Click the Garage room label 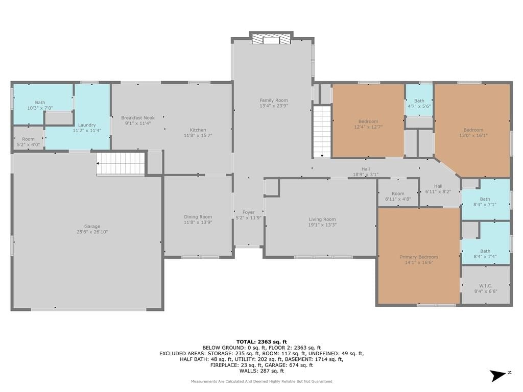point(92,226)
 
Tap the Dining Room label point(198,216)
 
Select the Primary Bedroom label point(419,257)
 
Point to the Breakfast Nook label point(138,118)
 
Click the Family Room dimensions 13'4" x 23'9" point(274,106)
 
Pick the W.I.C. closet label point(486,286)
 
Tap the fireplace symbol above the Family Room point(271,39)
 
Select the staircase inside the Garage point(121,163)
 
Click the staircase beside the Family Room point(322,131)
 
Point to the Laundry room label point(87,125)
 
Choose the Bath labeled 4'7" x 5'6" point(419,103)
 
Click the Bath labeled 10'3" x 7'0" point(40,105)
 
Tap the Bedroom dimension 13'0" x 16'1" point(473,135)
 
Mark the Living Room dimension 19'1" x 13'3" point(322,225)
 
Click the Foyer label point(249,212)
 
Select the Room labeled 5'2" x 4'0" point(29,142)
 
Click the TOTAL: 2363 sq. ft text point(261,341)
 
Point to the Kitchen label point(198,130)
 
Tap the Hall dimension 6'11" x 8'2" point(438,192)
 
